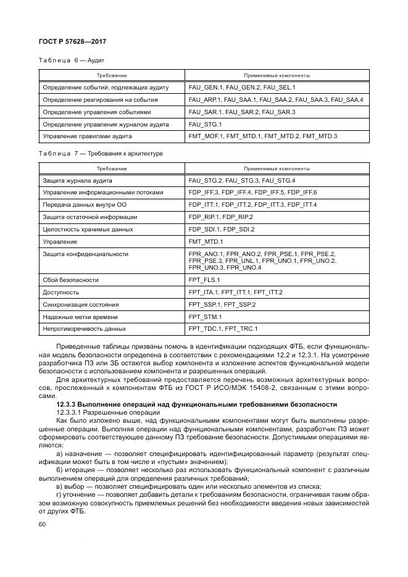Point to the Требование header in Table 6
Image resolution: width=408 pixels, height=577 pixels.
(x=111, y=75)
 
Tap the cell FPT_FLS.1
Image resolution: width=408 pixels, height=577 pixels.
(x=204, y=280)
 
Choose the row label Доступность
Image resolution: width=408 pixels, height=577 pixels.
(x=60, y=292)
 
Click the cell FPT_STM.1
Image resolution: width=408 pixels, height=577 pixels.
(x=204, y=317)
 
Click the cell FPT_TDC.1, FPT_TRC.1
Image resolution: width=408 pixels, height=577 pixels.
(x=223, y=329)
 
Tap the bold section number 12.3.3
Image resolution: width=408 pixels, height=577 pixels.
(x=68, y=404)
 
